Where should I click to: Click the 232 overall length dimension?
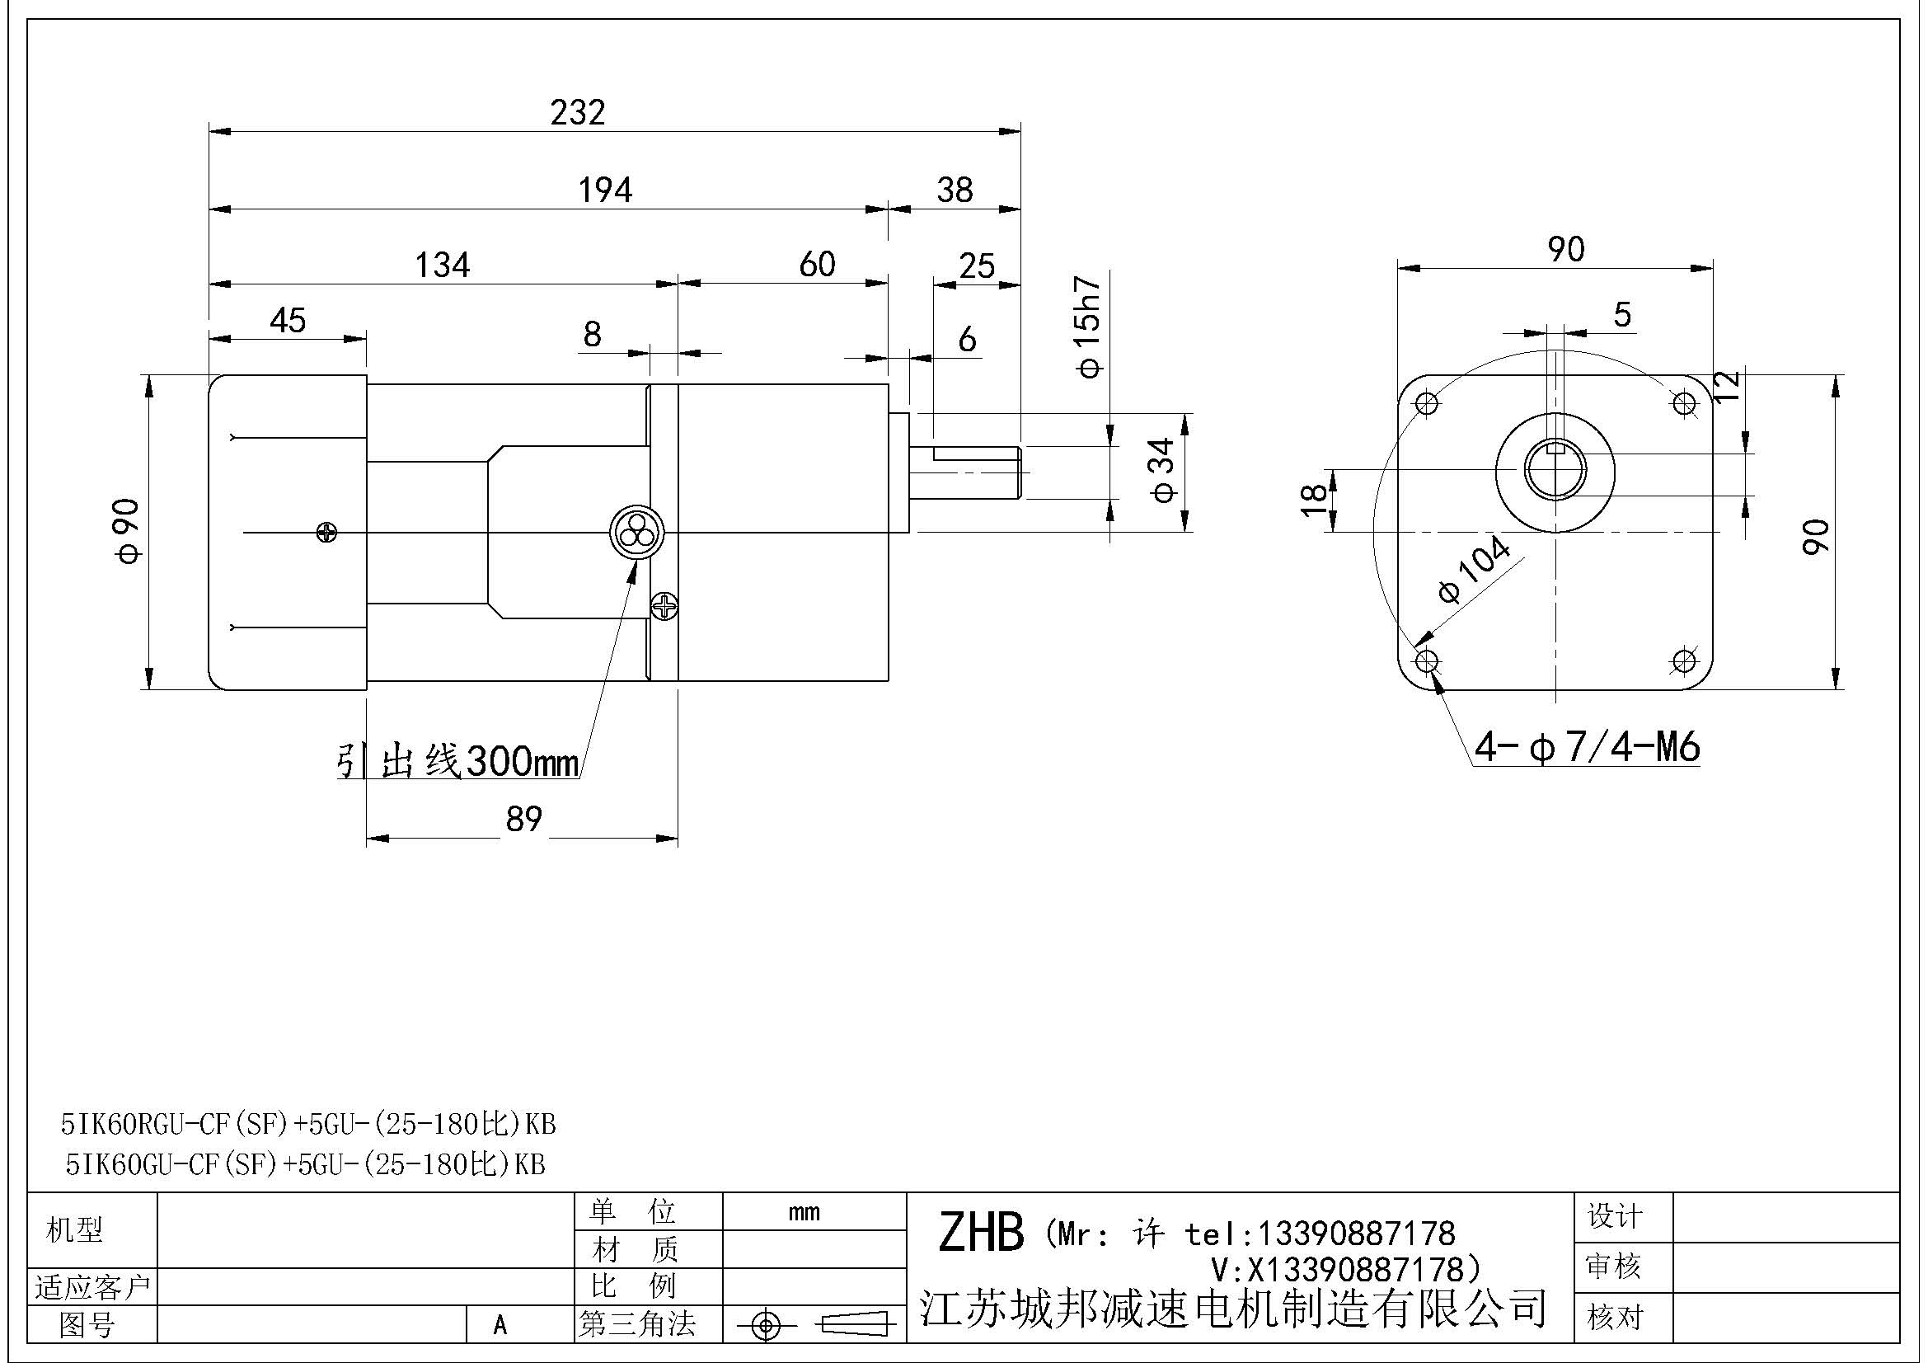click(578, 111)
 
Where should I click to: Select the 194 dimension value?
click(604, 190)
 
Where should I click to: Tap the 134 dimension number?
click(443, 266)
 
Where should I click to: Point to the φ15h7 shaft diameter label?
click(1088, 327)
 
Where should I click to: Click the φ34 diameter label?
click(1164, 471)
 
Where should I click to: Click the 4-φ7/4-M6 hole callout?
click(1587, 746)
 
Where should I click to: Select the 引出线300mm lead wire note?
click(457, 763)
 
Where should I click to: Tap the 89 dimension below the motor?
click(524, 819)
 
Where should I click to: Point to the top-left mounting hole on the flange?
click(1428, 404)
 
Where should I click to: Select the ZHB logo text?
click(980, 1233)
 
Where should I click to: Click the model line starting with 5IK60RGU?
click(308, 1124)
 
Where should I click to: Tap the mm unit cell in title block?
click(804, 1212)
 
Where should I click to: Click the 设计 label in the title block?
click(1614, 1216)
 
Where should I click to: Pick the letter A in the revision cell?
click(500, 1325)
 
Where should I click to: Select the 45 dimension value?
click(287, 321)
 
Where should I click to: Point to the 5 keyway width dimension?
click(1621, 315)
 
